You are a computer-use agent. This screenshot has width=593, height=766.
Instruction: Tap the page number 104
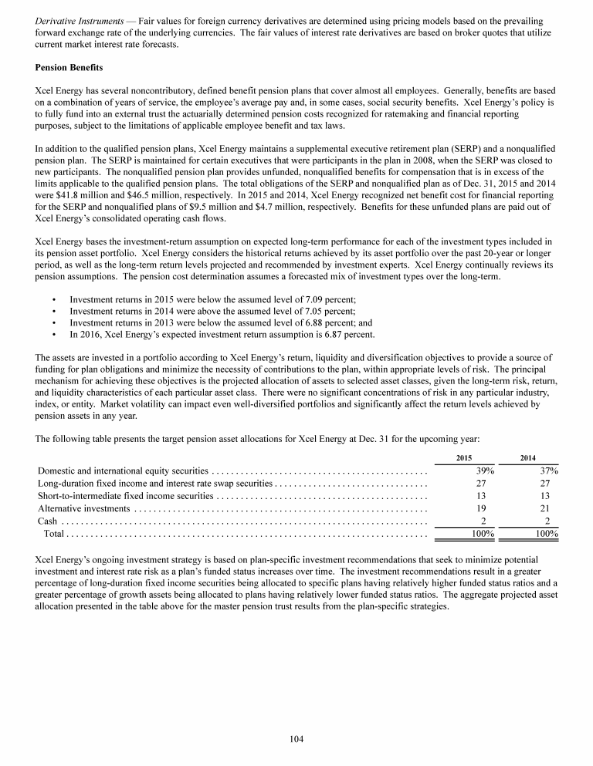(x=296, y=739)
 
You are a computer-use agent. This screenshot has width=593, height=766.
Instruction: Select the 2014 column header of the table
(x=528, y=458)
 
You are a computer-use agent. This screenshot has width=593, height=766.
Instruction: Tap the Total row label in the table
(x=53, y=534)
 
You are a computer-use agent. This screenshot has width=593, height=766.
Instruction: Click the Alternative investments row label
(x=83, y=508)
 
